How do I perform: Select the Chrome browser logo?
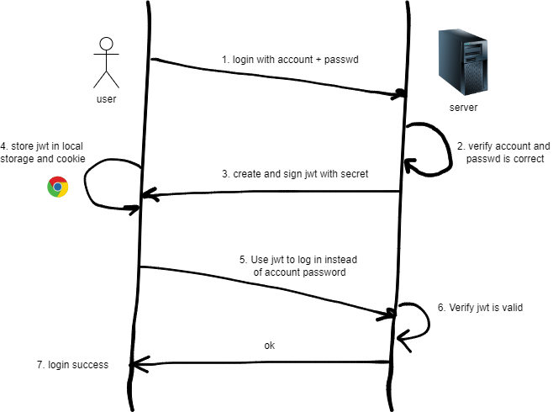pos(57,187)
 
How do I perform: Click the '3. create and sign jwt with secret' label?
pos(295,174)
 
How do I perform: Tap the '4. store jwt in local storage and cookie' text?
pos(42,151)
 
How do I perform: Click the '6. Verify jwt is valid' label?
pos(480,308)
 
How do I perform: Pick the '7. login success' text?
pos(72,364)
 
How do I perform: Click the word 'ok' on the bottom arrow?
pos(269,346)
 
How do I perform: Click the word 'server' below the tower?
pos(464,108)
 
